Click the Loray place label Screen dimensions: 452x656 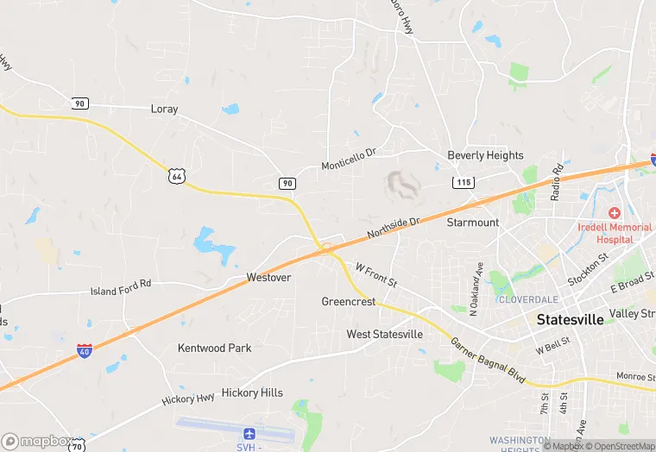coord(164,110)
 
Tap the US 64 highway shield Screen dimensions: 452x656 coord(177,176)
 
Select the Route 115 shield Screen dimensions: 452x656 coord(464,182)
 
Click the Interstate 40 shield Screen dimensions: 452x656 coord(85,350)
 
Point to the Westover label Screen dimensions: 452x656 coord(268,278)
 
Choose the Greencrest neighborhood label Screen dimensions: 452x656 coord(349,302)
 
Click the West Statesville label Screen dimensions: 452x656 coord(385,334)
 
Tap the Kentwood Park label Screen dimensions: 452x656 coord(215,348)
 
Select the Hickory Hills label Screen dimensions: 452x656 coord(252,392)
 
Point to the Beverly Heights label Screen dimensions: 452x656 coord(485,155)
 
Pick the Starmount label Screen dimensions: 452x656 coord(473,223)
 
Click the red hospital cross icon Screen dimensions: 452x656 coord(614,212)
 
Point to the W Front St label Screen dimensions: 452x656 coord(375,275)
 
